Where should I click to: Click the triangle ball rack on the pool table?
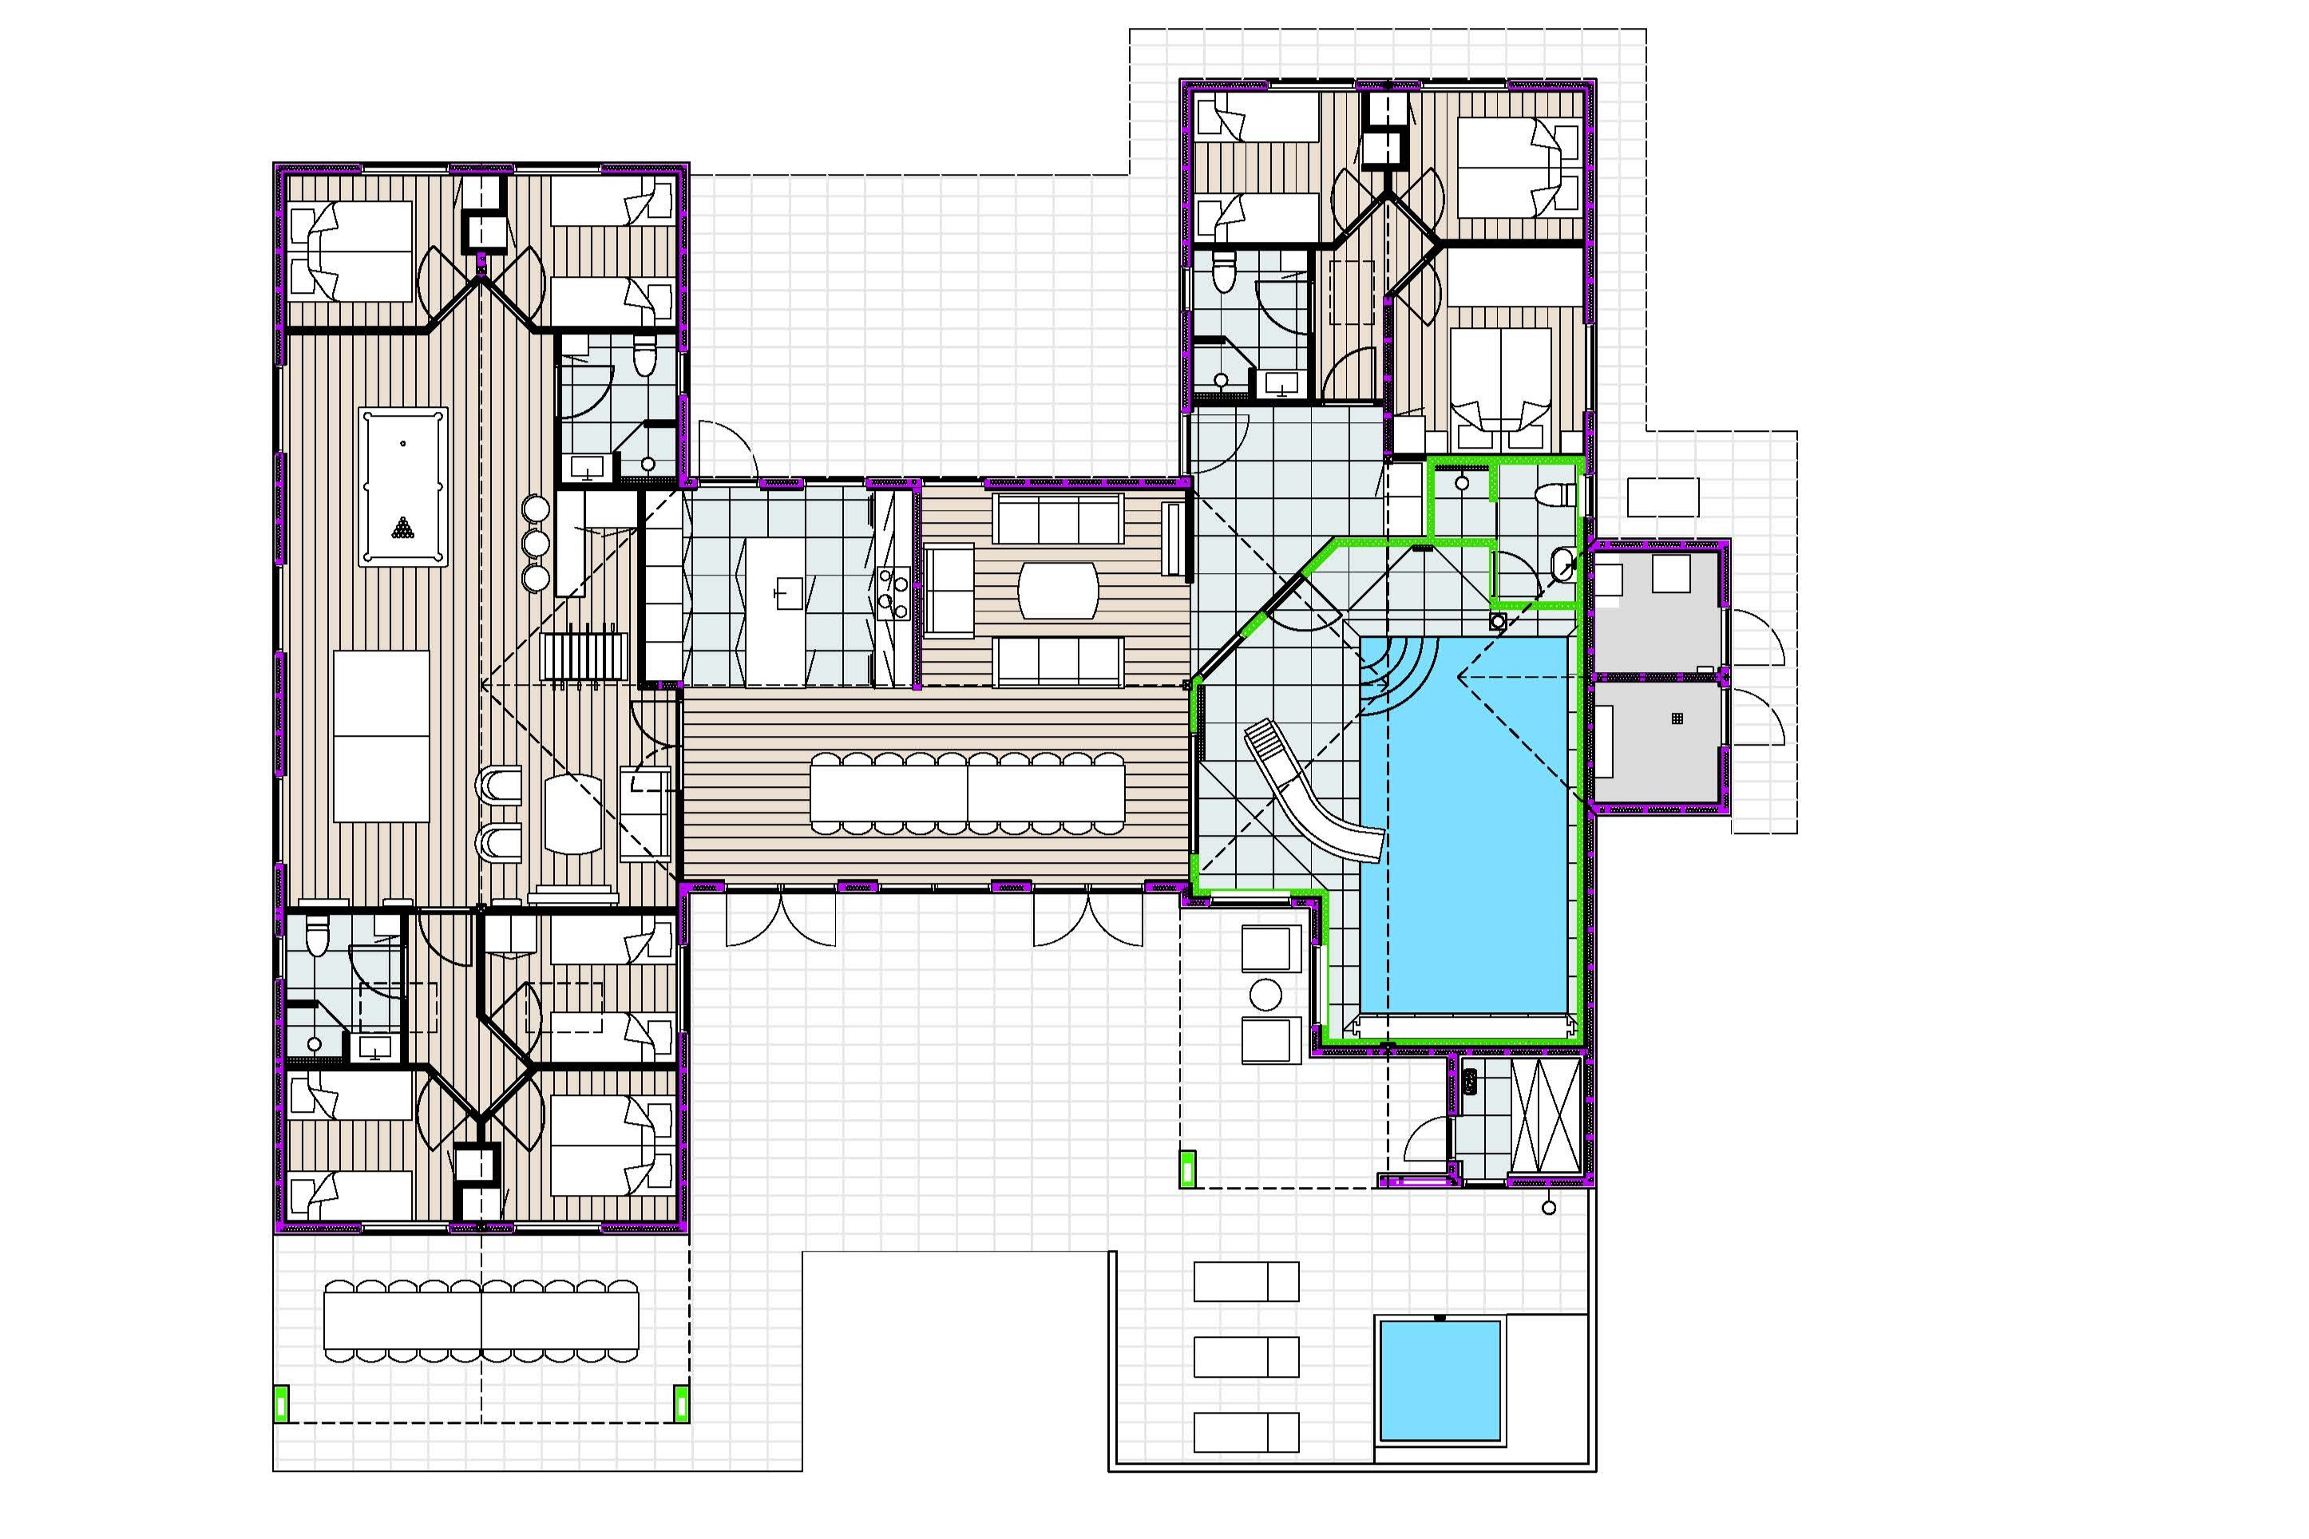tap(402, 528)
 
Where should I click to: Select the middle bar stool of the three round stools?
tap(536, 544)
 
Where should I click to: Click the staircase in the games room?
tap(584, 655)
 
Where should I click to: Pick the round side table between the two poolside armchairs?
tap(1266, 995)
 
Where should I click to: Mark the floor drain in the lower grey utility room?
tap(1677, 719)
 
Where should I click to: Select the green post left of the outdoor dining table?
tap(281, 1403)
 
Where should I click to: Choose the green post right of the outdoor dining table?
tap(681, 1403)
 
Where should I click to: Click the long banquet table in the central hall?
tap(967, 794)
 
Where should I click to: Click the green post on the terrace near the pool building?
tap(1188, 1169)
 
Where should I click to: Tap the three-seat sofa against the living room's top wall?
tap(1057, 518)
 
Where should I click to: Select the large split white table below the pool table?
tap(381, 736)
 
